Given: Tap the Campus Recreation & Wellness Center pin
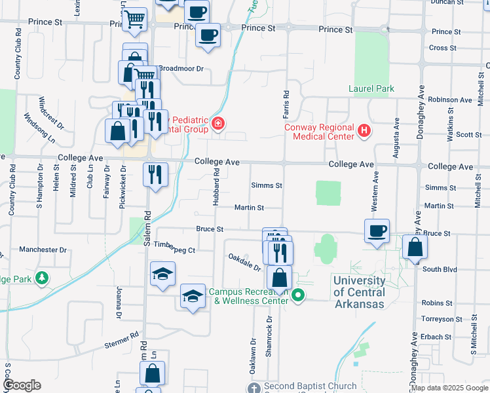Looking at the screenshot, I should coord(298,295).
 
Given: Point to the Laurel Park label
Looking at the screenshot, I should coord(371,88).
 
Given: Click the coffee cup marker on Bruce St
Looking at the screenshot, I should coord(377,231).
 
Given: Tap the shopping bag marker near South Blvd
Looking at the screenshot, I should coord(415,248).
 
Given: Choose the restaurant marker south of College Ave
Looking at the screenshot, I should coord(155,174).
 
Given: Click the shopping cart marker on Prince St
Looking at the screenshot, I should coord(134,20).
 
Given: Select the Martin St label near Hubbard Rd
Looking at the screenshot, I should coord(249,208).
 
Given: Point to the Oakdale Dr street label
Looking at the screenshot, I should coord(244,263).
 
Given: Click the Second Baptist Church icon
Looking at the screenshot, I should coord(255,387).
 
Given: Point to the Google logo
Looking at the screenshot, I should coord(22,385).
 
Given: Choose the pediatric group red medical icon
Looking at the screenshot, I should coord(217,124).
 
